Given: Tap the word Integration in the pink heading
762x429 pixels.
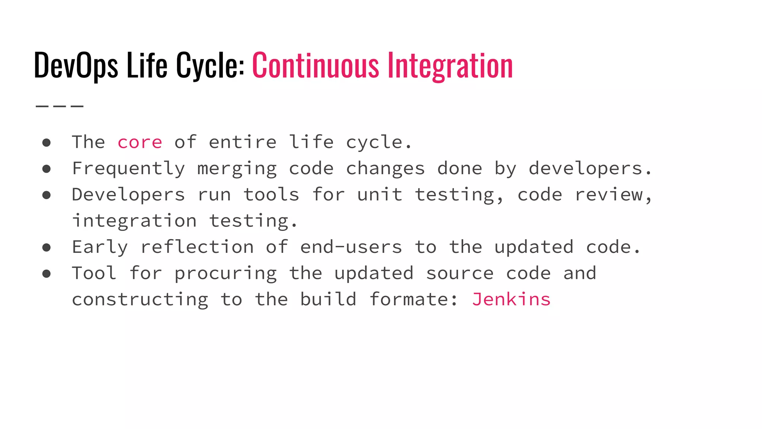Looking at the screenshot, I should point(450,66).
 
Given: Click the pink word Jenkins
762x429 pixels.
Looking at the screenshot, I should point(511,299).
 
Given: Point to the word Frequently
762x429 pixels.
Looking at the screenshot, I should point(128,169).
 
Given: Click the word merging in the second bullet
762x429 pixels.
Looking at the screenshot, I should point(237,169).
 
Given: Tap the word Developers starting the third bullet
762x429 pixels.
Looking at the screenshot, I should point(128,195).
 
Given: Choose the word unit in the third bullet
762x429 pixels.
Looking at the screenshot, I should point(380,195).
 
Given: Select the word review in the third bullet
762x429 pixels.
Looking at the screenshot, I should point(609,195).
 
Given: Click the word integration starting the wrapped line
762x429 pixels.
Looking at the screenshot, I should point(134,221).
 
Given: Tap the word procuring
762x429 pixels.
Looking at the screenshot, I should point(225,273).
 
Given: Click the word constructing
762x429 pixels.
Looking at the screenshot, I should point(140,299).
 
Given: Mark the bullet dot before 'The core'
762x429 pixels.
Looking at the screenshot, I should point(47,143).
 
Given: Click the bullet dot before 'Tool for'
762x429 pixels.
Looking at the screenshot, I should point(47,274).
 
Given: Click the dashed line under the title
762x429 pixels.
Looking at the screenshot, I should point(60,106).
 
